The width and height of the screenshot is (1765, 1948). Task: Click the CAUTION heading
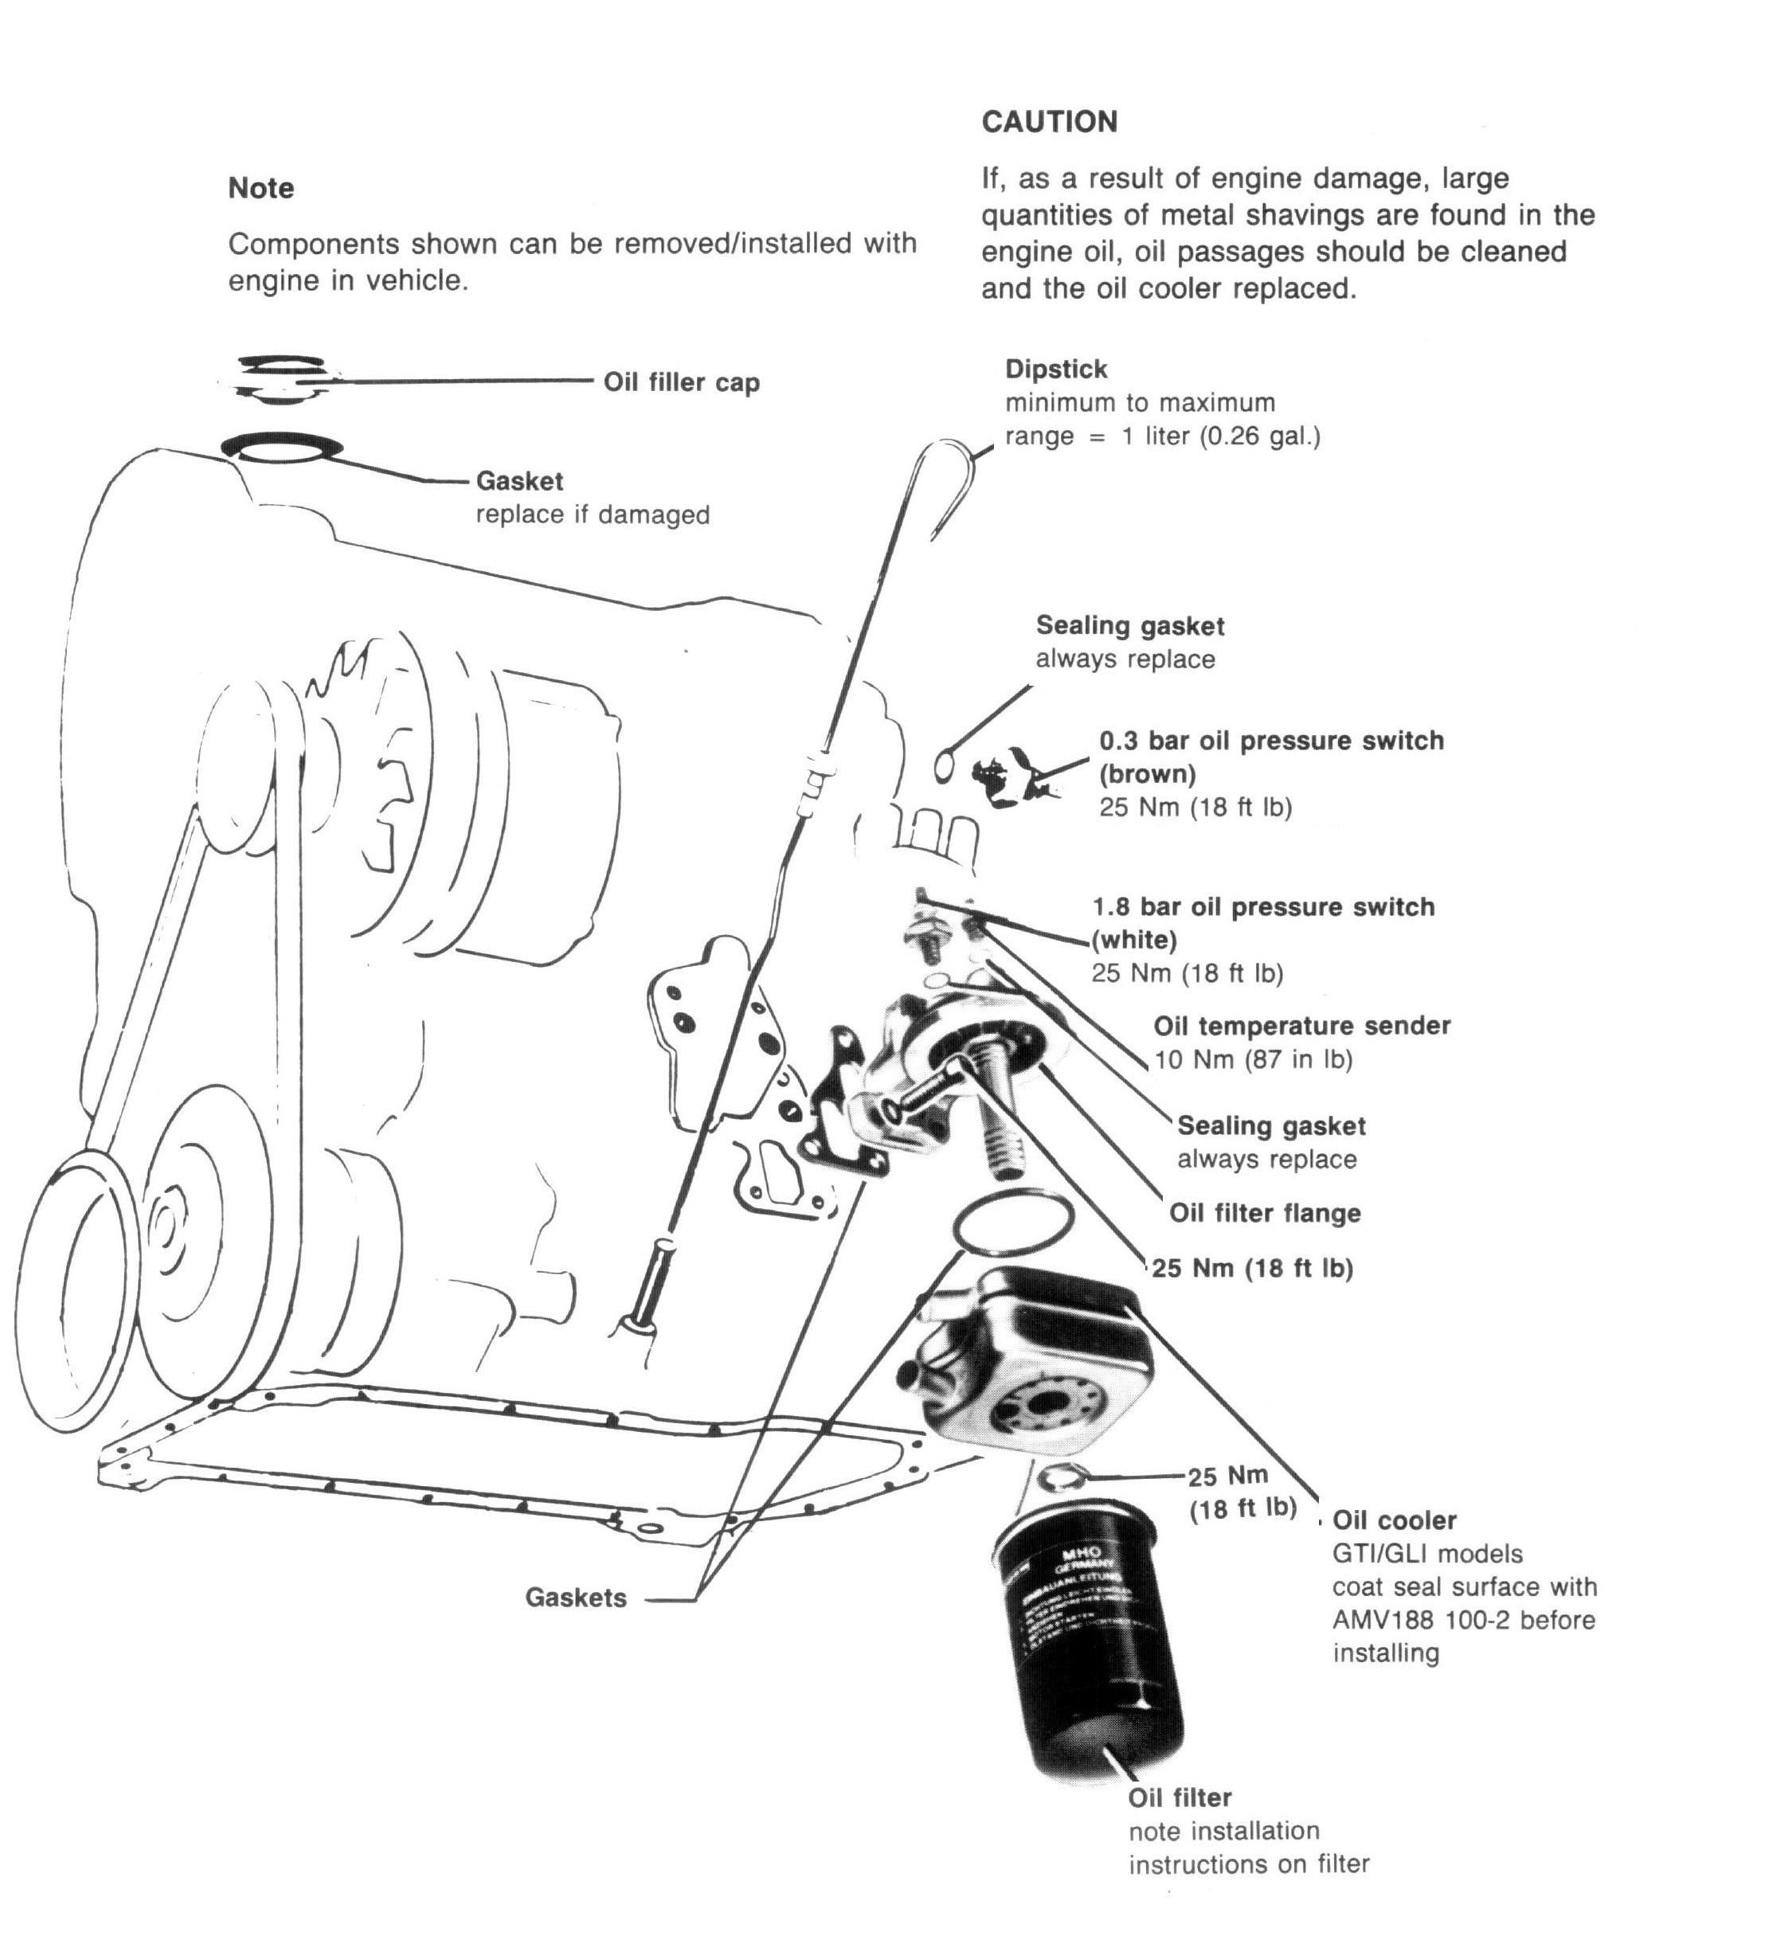tap(1049, 122)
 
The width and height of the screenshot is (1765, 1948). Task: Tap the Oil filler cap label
tap(682, 382)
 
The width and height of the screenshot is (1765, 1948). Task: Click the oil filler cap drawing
tap(284, 377)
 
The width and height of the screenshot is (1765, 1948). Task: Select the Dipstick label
tap(1055, 369)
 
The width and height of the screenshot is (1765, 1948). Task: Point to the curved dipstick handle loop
tap(942, 483)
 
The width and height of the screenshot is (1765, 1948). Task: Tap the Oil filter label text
tap(1180, 1798)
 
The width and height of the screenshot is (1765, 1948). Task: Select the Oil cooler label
tap(1393, 1521)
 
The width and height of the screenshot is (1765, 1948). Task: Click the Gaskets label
tap(575, 1598)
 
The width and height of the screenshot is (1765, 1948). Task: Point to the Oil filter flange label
tap(1264, 1214)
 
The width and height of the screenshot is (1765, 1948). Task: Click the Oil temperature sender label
tap(1301, 1027)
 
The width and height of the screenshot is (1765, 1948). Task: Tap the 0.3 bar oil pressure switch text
tap(1271, 741)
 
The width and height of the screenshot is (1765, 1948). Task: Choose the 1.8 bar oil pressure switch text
tap(1263, 907)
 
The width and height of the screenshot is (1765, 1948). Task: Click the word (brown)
tap(1148, 774)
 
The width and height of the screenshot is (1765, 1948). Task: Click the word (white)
tap(1134, 941)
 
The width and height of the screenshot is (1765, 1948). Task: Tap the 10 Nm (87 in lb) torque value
tap(1253, 1060)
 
